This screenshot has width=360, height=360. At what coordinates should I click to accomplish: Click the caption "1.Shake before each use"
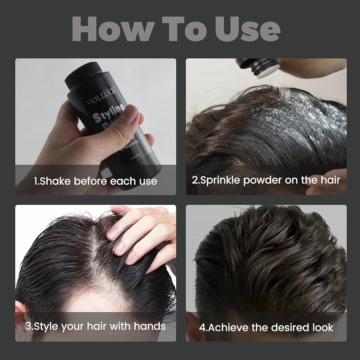95,180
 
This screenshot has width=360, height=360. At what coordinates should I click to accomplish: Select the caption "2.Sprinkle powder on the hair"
266,180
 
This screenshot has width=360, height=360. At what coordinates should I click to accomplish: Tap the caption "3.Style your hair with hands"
95,326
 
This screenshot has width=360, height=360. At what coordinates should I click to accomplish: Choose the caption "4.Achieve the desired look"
266,327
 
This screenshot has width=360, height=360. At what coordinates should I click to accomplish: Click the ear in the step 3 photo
21,310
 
